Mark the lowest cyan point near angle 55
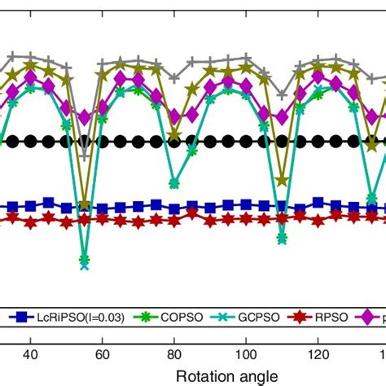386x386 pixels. click(x=85, y=262)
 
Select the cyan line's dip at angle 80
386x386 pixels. click(x=174, y=182)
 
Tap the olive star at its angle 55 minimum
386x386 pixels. click(x=85, y=204)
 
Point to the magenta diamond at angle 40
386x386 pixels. click(x=31, y=77)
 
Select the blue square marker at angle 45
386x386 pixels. click(x=49, y=203)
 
